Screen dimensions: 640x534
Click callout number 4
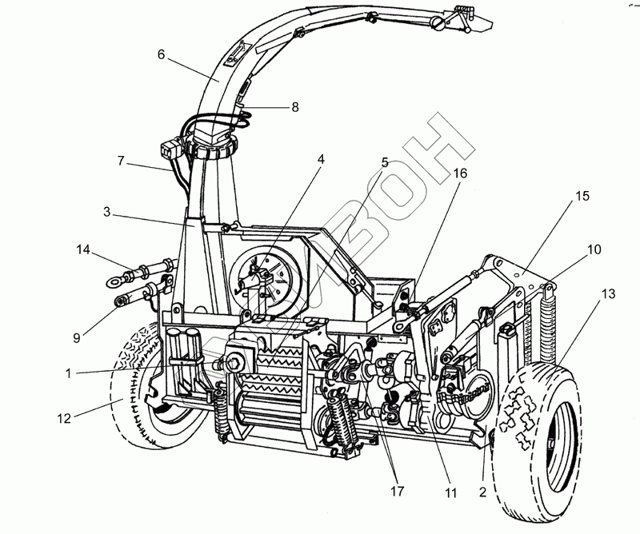[321, 159]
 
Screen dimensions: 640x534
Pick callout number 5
[385, 161]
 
